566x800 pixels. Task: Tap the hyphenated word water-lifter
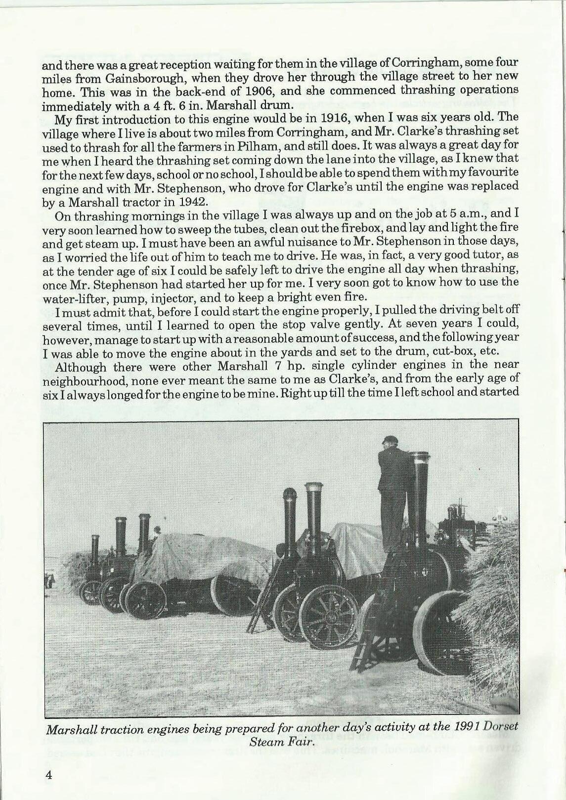pos(72,297)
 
